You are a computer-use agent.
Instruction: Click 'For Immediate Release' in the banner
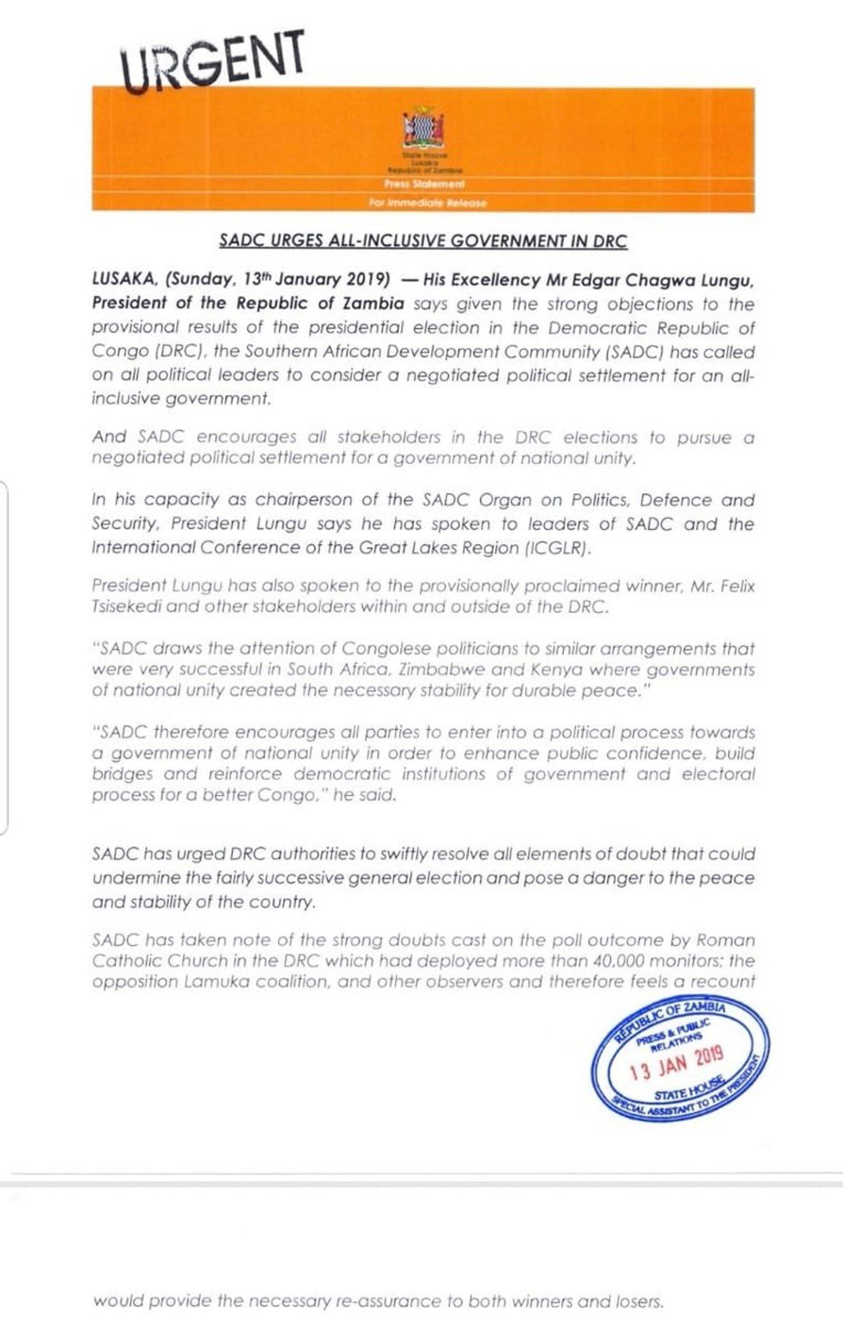click(428, 203)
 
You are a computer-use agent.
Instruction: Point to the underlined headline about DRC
click(423, 242)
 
